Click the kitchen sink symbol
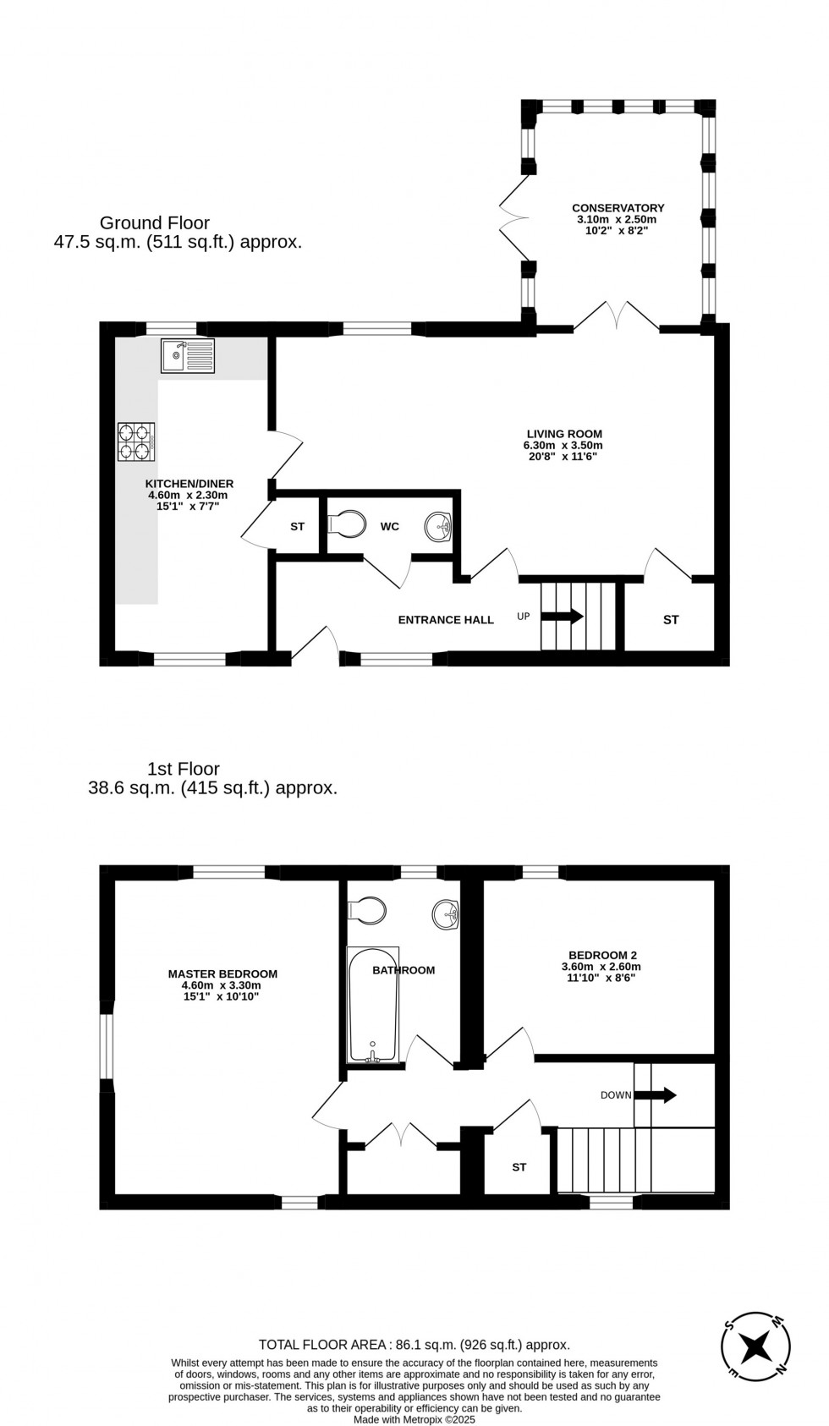[x=188, y=355]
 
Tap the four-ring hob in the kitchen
[x=136, y=442]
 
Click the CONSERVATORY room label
[x=618, y=208]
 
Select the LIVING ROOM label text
[x=563, y=434]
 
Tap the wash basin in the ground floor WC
[x=439, y=527]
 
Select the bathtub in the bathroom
[x=373, y=1005]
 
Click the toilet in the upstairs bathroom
[x=368, y=910]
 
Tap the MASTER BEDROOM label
[x=222, y=974]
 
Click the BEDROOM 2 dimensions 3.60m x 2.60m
[x=601, y=967]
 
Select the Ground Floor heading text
[x=155, y=223]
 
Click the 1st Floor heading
[x=184, y=769]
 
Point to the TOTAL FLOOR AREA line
[x=414, y=1344]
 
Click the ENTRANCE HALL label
[x=446, y=620]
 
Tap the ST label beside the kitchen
[x=297, y=527]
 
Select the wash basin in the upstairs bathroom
[x=446, y=913]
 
